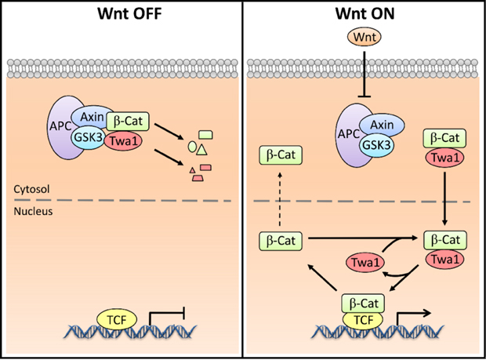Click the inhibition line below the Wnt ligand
coord(364,75)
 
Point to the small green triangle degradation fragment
coord(202,149)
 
